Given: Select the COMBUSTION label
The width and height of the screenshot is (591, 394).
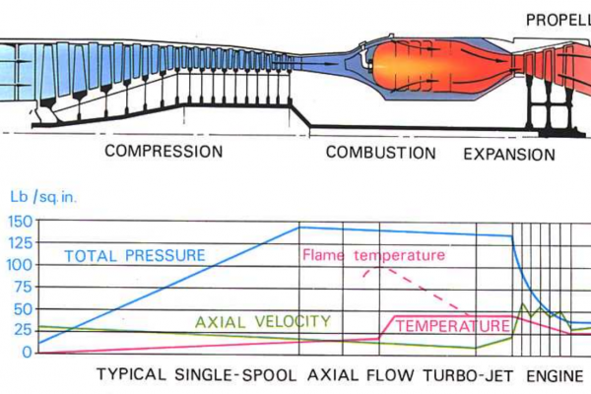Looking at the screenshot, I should click(x=380, y=153).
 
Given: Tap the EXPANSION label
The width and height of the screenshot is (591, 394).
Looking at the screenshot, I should click(x=509, y=154).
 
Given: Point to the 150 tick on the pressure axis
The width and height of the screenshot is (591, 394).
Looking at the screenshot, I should click(x=20, y=220).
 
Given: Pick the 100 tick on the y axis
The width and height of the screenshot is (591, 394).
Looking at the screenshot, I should click(x=20, y=265).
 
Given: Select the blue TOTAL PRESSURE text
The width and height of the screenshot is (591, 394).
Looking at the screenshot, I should click(x=135, y=255).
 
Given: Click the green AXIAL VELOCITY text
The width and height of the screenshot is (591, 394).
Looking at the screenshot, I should click(x=262, y=322).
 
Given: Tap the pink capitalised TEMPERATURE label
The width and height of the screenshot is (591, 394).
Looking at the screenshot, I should click(x=445, y=325).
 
